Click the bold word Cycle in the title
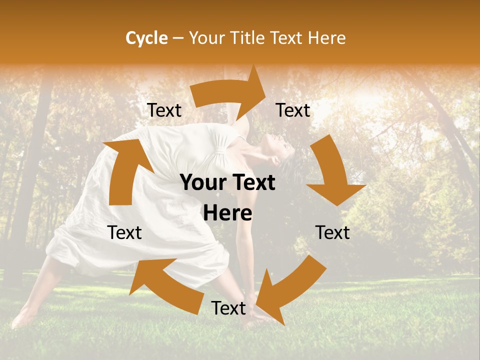coord(146,38)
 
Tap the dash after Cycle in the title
coord(177,38)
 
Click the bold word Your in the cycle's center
coord(202,183)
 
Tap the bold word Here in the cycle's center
coord(227,213)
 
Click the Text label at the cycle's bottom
coord(228,308)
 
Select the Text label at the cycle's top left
coord(164,110)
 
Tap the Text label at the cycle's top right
coord(293,110)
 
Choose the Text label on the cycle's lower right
coord(332,232)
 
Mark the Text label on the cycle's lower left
coord(124,232)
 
